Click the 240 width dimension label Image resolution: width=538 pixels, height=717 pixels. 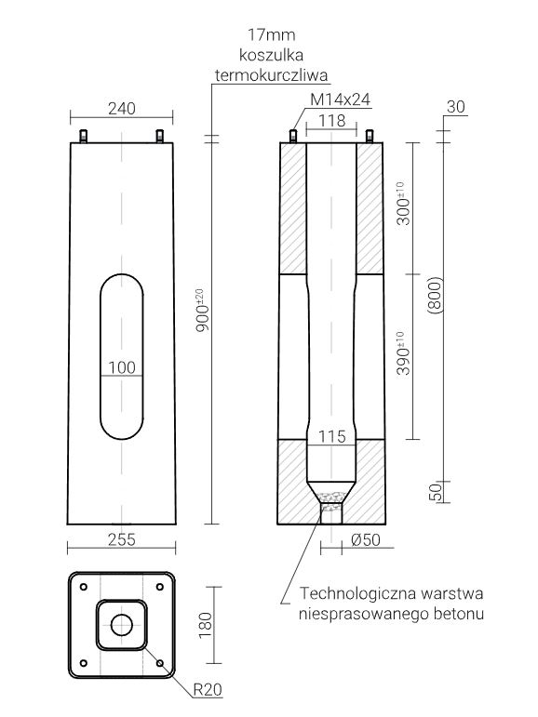pos(122,108)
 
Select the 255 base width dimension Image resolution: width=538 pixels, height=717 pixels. pos(122,538)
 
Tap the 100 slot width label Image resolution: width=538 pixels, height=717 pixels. pos(122,366)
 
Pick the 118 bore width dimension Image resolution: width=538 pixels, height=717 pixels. pos(332,120)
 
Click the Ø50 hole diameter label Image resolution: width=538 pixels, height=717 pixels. pos(364,538)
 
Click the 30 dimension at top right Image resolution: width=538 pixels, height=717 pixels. pos(455,106)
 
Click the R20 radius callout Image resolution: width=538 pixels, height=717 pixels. pos(207,690)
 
